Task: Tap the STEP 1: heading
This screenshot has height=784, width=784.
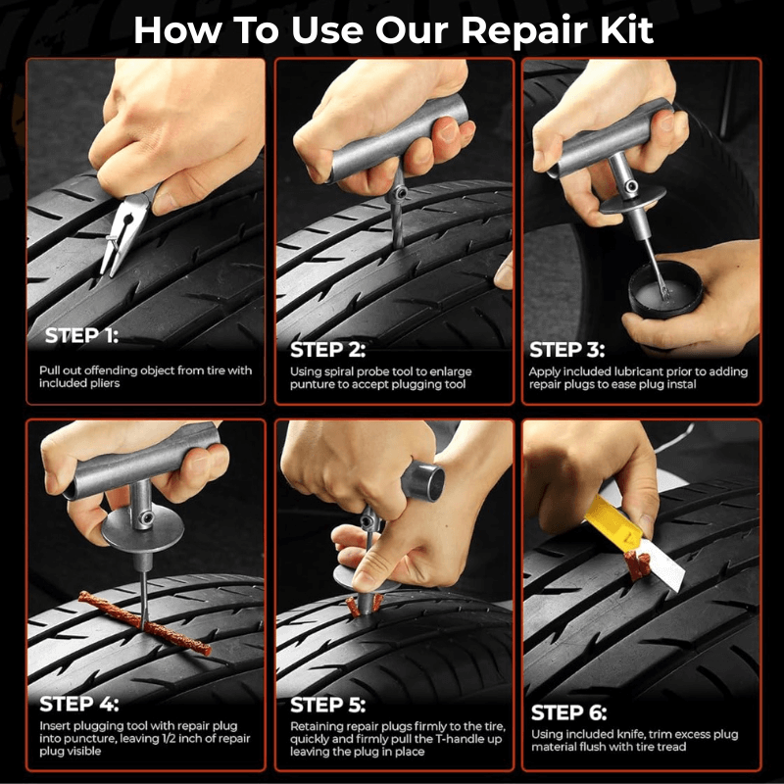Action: [79, 336]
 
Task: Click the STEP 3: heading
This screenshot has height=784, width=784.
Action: [567, 350]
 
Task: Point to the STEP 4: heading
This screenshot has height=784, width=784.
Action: [79, 704]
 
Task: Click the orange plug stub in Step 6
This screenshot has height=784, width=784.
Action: [635, 566]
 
